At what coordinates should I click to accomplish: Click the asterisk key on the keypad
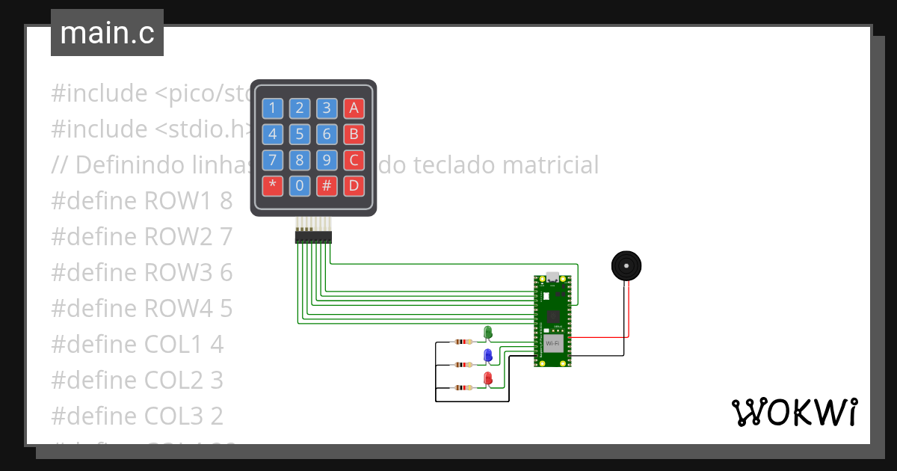(272, 185)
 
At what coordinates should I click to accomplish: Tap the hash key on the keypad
(327, 185)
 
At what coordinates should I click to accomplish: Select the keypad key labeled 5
(299, 135)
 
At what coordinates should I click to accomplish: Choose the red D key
(354, 185)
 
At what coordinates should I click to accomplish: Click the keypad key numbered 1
(272, 108)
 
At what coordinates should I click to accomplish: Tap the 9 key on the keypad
(327, 160)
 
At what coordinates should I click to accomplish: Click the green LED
(487, 332)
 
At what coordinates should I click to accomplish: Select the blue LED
(487, 355)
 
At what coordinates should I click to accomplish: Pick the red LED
(487, 378)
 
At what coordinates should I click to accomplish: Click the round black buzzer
(626, 266)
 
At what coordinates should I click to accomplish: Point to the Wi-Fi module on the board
(553, 343)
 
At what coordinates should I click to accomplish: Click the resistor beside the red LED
(463, 387)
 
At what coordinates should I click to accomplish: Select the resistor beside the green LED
(463, 342)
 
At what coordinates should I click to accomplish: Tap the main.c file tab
(107, 33)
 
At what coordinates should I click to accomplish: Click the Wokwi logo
(794, 412)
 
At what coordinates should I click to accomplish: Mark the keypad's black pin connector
(314, 237)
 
